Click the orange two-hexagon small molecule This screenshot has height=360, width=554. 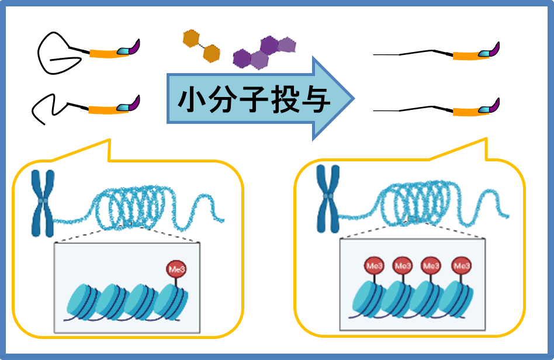200,46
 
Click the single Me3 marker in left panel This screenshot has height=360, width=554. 175,270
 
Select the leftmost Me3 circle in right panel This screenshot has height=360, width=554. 374,266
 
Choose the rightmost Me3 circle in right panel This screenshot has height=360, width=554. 462,266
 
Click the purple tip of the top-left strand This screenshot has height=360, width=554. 135,47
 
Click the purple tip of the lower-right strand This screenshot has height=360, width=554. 495,107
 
